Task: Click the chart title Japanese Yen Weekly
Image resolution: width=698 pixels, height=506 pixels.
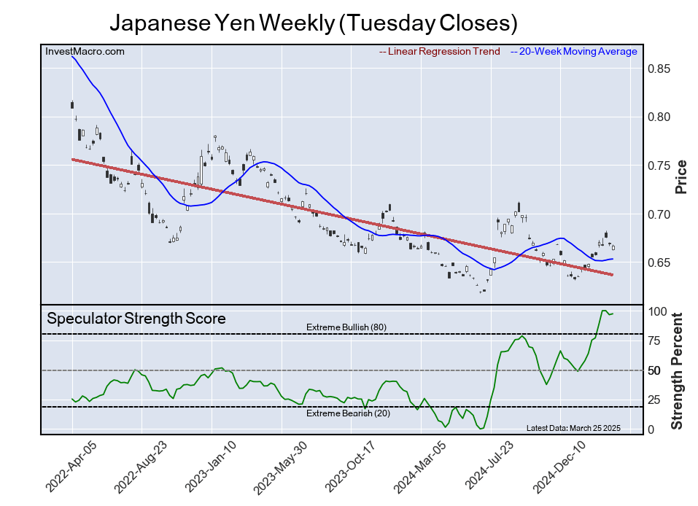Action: tap(313, 23)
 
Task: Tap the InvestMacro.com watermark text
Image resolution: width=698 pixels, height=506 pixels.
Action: tap(85, 51)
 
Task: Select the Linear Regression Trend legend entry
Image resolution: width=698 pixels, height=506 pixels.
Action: tap(440, 51)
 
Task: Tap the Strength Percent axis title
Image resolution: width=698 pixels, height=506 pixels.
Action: tap(678, 370)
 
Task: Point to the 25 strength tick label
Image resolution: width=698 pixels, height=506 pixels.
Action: tap(656, 400)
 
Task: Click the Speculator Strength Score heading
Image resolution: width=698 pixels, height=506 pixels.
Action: tap(136, 319)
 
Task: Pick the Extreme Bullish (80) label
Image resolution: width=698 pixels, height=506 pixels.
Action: tap(346, 327)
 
